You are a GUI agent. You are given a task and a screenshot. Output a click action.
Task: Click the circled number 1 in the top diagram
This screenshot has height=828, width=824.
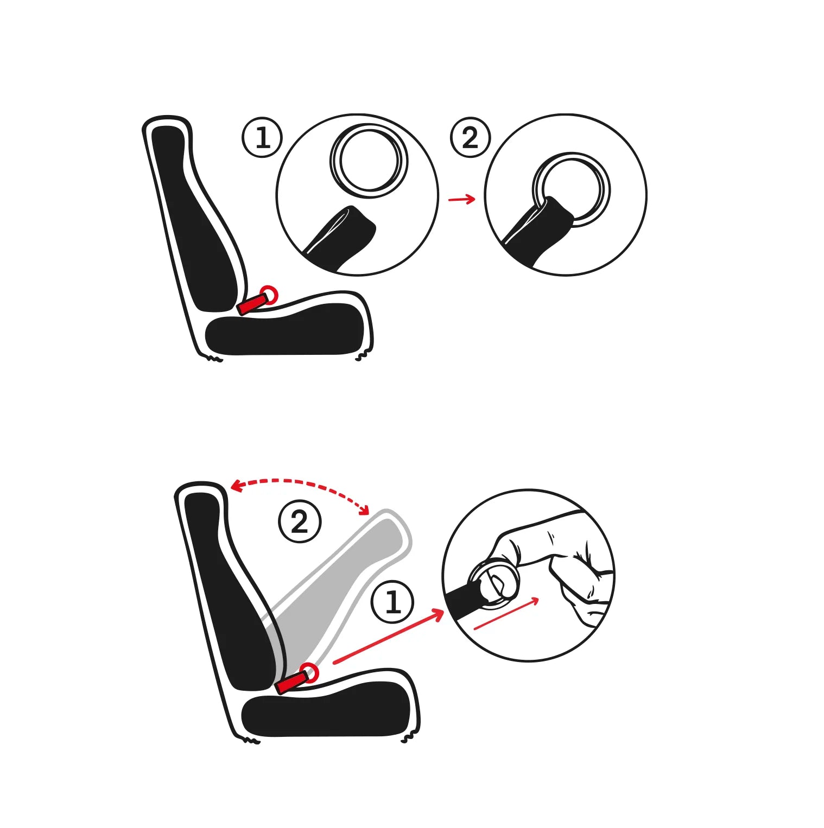click(262, 137)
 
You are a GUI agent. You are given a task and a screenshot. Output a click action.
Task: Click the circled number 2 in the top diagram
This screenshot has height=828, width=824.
click(470, 137)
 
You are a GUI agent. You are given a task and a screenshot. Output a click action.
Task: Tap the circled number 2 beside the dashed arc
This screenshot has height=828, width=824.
click(300, 521)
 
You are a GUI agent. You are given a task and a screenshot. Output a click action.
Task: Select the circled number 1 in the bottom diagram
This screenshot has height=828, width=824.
click(393, 602)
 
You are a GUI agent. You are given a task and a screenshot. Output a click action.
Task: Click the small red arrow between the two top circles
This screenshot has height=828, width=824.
click(461, 199)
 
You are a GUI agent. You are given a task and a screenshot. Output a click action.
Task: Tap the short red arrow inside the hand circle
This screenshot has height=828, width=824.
click(506, 613)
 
